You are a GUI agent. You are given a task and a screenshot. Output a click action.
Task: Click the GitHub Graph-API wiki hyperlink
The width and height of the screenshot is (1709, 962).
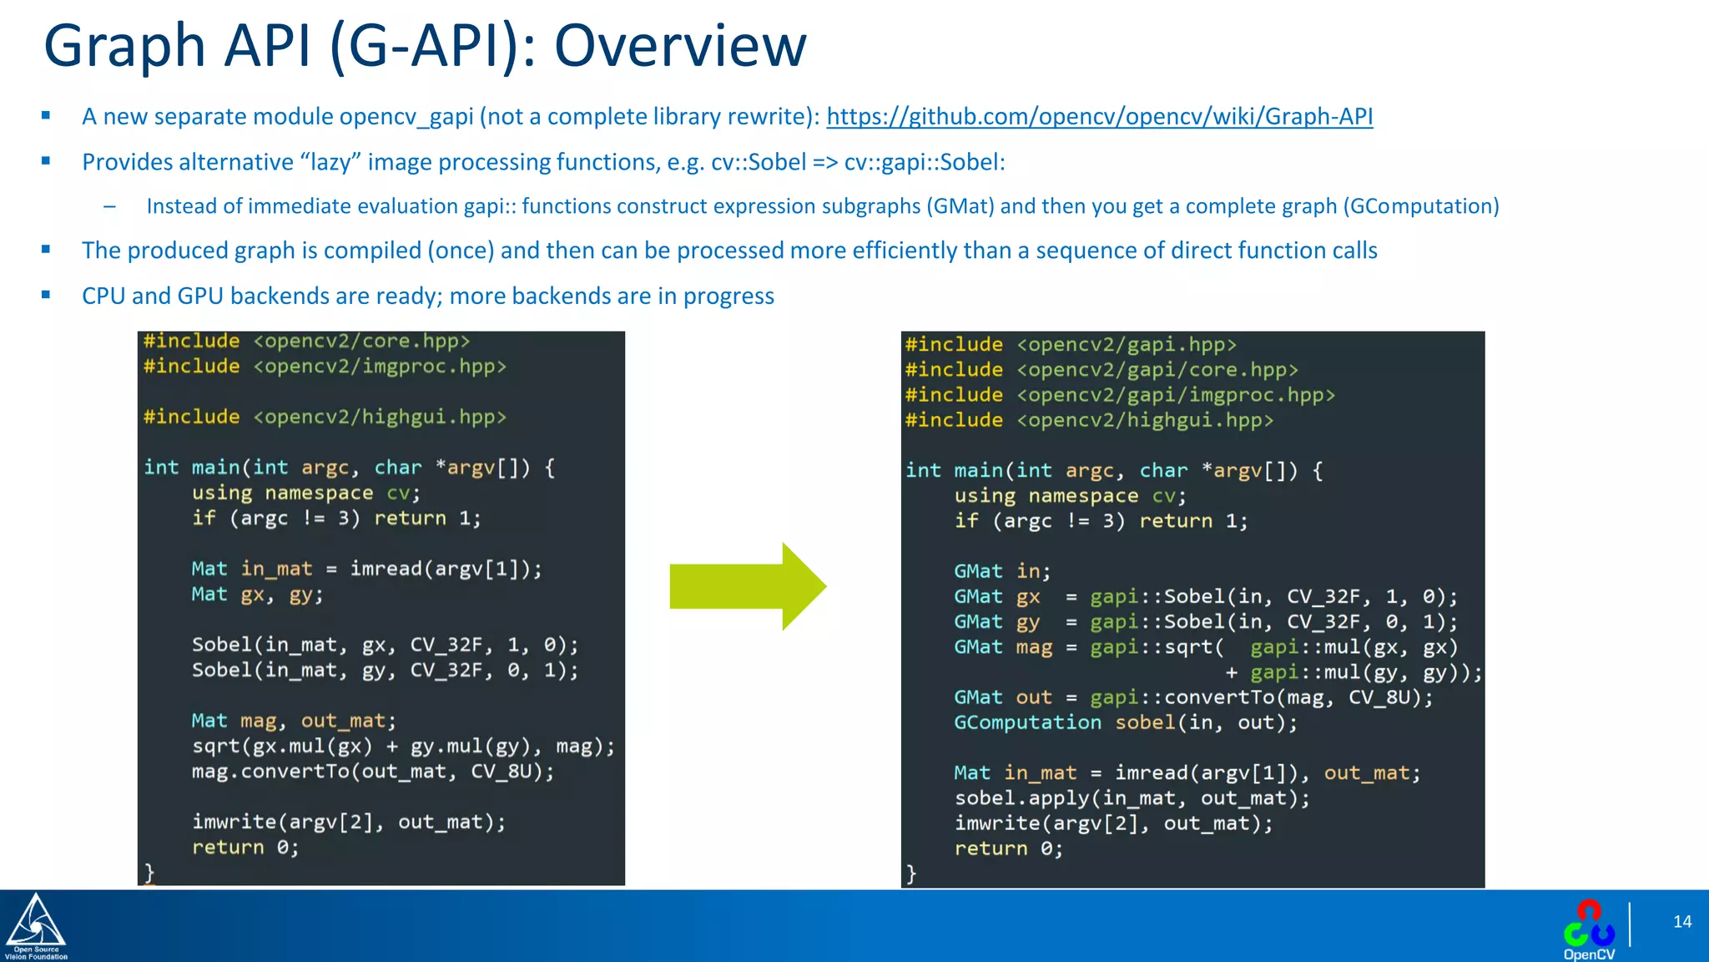point(1099,116)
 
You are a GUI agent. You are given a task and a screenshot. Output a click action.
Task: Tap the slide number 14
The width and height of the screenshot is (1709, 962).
point(1681,921)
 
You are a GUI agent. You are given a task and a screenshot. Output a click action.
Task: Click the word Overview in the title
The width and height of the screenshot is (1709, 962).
point(680,45)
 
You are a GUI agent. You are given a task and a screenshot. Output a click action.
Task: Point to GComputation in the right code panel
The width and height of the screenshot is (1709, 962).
point(1027,722)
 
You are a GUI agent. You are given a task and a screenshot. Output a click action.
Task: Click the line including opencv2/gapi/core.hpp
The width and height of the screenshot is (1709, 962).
point(1102,369)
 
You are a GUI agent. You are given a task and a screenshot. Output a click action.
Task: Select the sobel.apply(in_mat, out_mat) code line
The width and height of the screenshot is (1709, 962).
point(1132,798)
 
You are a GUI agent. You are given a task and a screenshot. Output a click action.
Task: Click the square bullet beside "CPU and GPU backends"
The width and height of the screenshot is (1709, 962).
point(46,295)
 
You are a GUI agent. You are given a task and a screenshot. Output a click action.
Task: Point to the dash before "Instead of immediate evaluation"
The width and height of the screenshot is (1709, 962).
point(109,206)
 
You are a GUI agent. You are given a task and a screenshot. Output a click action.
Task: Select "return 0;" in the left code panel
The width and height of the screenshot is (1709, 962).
point(245,848)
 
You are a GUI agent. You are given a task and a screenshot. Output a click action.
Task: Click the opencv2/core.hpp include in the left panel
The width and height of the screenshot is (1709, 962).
point(306,341)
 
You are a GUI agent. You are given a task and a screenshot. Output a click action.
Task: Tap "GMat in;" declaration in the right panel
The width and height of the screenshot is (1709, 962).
point(1001,571)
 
